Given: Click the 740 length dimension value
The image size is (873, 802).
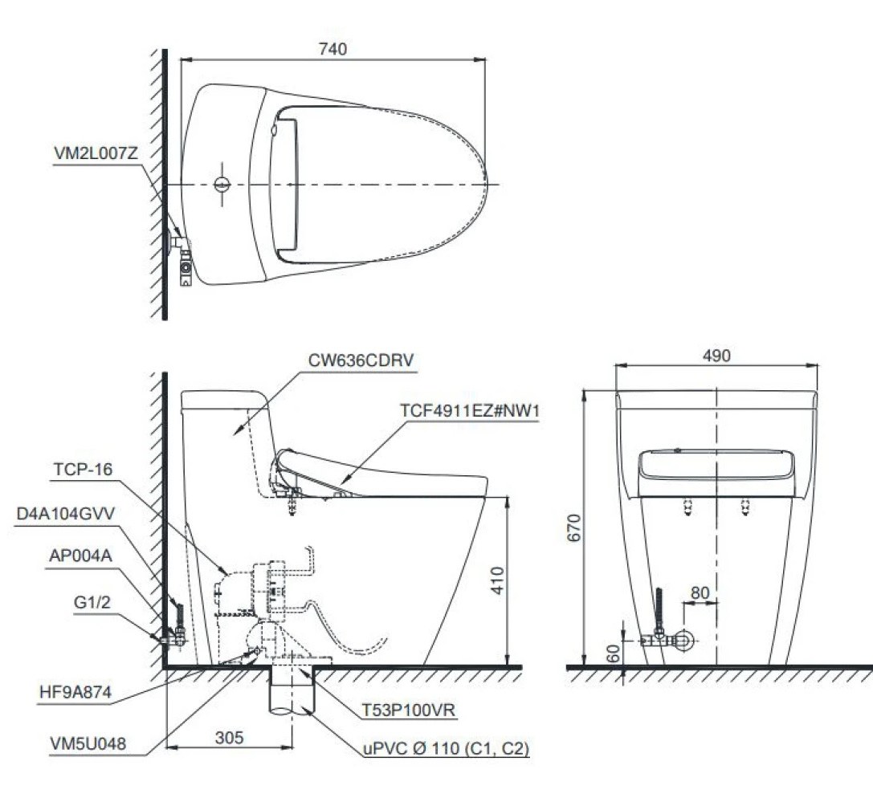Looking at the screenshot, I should point(332,49).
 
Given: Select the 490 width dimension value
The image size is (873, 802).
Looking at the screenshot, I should point(716,356).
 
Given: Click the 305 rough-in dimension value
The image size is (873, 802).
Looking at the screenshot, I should point(229,736).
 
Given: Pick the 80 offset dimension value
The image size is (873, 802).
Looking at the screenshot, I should point(700,592).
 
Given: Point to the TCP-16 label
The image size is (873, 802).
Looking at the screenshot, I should point(83,470).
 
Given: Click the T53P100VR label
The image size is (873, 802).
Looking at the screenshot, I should point(410,710).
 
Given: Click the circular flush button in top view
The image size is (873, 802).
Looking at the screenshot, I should point(222,185).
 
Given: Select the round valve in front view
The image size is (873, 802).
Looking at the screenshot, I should point(684,640).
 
